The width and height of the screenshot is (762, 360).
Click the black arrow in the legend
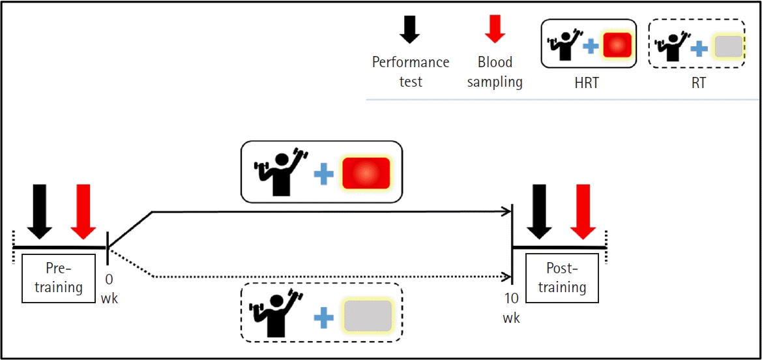409,29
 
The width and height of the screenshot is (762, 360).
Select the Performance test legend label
411,72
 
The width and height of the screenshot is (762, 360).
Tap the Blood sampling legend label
495,72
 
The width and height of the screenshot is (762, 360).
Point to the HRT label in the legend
588,83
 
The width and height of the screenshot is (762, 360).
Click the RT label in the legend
698,83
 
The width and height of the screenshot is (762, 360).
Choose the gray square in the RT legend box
727,48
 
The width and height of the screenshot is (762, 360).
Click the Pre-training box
58,278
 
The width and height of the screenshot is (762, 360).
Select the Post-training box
562,278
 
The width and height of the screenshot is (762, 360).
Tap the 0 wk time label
109,288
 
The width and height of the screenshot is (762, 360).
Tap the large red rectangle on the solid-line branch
366,173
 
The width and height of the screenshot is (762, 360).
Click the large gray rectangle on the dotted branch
368,317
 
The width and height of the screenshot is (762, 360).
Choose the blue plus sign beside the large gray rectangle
324,318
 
